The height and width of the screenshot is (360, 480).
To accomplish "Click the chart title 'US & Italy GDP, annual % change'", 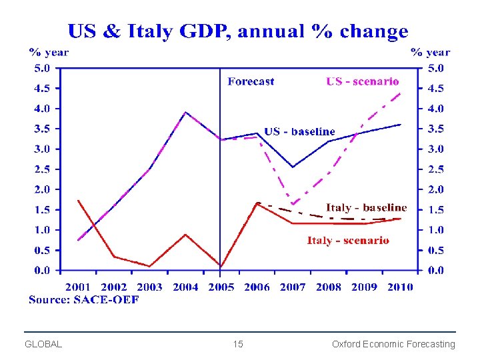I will click(237, 31).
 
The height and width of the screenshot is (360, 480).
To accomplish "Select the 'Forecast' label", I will click(251, 81).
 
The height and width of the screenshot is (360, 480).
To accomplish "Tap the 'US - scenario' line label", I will click(362, 81).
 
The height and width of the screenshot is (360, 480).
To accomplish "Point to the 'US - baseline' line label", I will click(299, 131).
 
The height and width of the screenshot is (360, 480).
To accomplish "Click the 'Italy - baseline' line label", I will click(366, 208).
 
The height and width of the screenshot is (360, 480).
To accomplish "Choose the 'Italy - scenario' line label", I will click(348, 240).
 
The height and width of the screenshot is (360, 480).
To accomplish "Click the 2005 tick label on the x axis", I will click(221, 287).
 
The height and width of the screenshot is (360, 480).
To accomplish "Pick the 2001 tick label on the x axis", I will click(78, 287).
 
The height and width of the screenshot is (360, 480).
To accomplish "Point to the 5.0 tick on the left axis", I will click(42, 67).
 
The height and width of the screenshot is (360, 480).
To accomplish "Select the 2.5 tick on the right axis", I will click(435, 169).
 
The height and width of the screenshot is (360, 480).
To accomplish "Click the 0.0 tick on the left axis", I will click(42, 271).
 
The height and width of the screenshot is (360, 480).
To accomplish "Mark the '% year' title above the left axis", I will click(48, 52).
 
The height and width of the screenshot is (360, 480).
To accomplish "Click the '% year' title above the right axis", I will click(430, 52).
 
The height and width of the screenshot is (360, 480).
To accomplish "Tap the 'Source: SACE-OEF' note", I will click(84, 300).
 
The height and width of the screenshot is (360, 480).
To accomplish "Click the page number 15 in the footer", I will click(238, 344).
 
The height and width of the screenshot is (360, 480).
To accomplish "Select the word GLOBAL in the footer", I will click(43, 344).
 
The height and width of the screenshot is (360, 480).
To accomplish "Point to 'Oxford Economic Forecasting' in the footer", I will click(393, 344).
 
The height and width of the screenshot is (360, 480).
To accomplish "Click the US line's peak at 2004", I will click(186, 113).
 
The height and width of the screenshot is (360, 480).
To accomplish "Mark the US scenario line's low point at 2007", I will click(293, 203).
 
